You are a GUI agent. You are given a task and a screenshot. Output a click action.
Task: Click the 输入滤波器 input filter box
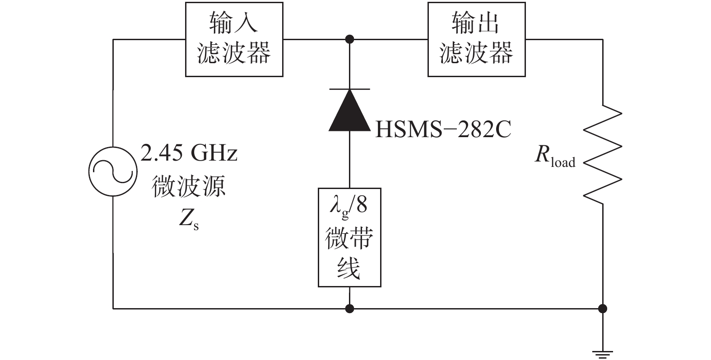tap(234, 40)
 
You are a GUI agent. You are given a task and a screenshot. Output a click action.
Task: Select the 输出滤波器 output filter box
tap(476, 40)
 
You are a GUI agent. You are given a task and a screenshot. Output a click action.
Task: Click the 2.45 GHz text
tap(189, 154)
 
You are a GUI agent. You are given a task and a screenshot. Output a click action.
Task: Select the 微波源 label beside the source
tap(189, 186)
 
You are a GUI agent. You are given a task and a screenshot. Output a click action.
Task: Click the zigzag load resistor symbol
tap(603, 153)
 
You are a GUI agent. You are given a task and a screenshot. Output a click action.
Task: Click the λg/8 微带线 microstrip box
tap(349, 237)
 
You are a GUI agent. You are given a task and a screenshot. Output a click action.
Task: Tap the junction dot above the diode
tap(349, 39)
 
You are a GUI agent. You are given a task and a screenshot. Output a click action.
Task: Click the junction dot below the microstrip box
tap(349, 309)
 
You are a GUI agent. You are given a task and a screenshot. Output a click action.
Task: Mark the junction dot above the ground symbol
tap(603, 309)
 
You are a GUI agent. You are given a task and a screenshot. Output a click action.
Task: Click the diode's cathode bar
tap(349, 89)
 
